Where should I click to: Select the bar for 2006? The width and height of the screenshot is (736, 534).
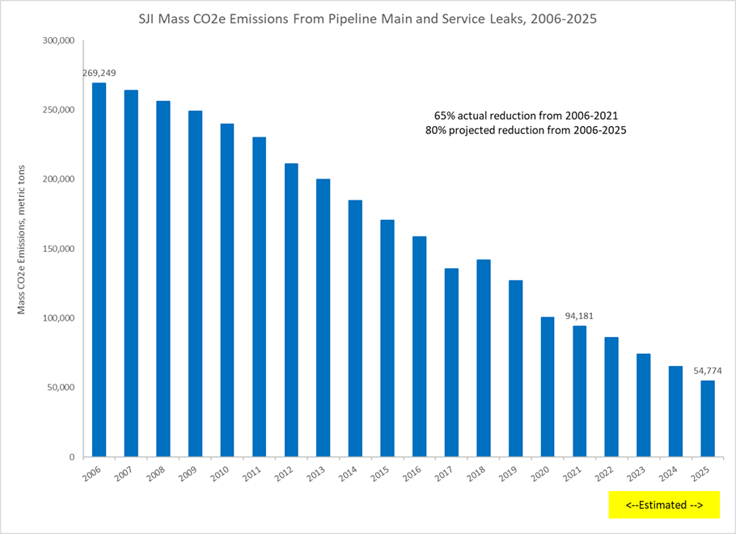point(99,270)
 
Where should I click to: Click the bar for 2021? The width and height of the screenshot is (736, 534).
point(579,391)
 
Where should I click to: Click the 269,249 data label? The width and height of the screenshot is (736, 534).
point(99,74)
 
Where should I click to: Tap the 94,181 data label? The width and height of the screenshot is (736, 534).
point(579,316)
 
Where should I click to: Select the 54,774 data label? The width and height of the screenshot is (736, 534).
point(707,371)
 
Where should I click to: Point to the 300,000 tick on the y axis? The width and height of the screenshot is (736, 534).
point(57,41)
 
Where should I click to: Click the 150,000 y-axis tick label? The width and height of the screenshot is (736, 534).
point(57,249)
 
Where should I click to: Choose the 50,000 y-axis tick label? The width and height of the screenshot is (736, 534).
point(60,388)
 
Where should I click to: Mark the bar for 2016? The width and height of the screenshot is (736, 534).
point(419,347)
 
